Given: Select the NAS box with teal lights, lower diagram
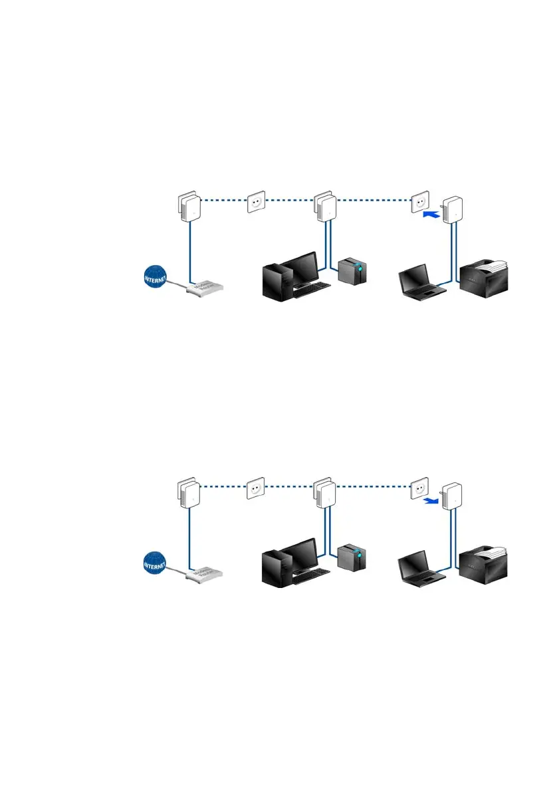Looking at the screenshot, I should [352, 557].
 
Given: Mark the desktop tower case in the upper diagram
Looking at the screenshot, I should [275, 283].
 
